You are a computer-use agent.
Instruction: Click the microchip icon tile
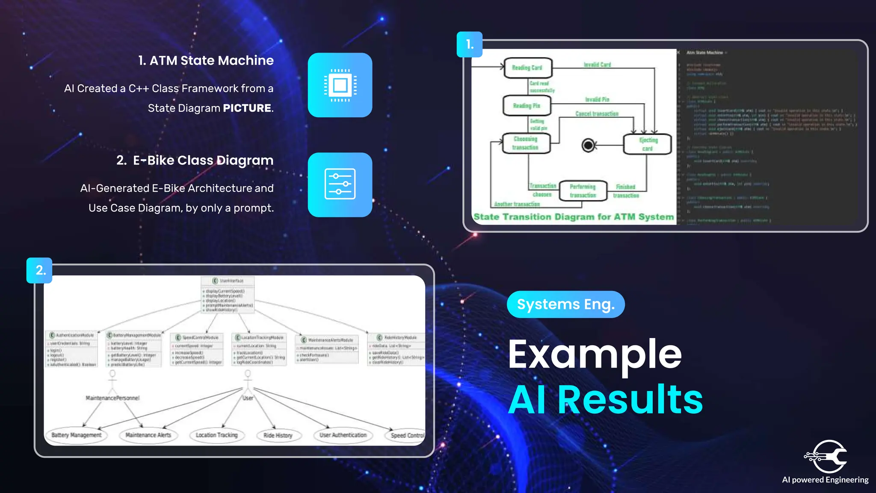(x=340, y=85)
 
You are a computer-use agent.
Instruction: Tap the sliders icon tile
(x=340, y=184)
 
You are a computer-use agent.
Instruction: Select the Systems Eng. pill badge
(x=565, y=304)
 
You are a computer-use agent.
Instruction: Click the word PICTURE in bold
(x=247, y=108)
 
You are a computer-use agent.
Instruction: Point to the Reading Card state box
(x=528, y=68)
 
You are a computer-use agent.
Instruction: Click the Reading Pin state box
(x=527, y=106)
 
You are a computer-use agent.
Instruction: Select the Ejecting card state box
(x=648, y=144)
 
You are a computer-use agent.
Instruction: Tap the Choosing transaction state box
(x=526, y=143)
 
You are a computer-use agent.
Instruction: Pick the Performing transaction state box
(x=583, y=191)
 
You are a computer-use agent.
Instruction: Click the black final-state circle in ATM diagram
(x=589, y=146)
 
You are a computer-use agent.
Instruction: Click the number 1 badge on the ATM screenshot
(x=470, y=45)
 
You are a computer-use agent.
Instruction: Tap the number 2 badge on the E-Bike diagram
(x=40, y=270)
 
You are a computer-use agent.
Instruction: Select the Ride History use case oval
(x=278, y=435)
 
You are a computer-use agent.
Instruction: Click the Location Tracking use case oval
(x=217, y=435)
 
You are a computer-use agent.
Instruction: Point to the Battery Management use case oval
(x=77, y=435)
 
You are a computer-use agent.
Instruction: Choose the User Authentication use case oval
(x=343, y=435)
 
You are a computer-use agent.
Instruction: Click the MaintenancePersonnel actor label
(x=112, y=398)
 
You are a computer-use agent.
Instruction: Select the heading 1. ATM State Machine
(x=206, y=61)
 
